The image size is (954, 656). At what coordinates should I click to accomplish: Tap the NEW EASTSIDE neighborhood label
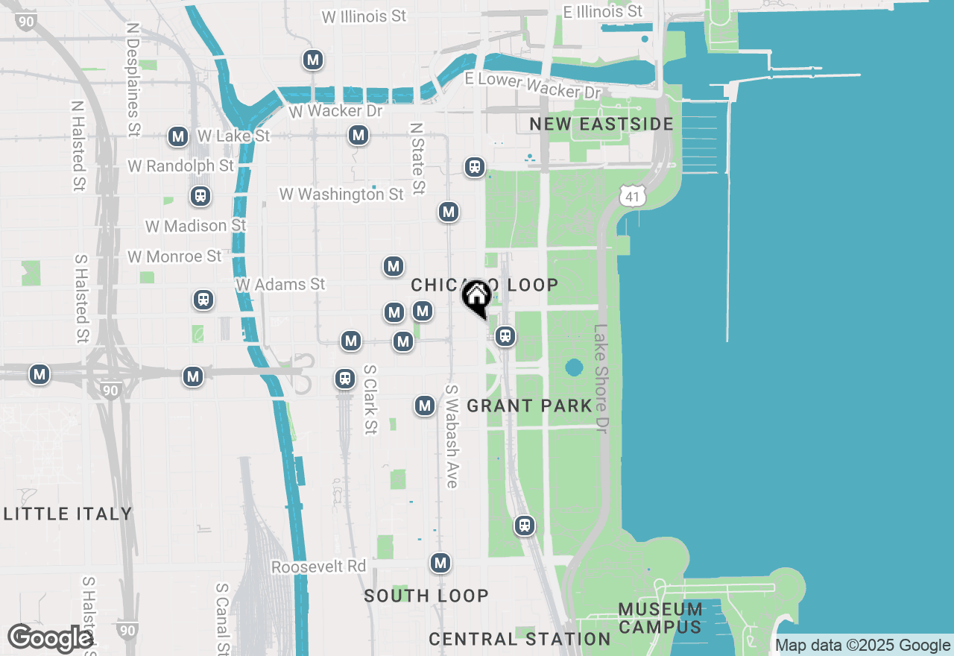601,124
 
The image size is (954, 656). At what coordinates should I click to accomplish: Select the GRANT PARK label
529,406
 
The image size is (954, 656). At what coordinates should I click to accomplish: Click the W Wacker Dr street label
335,111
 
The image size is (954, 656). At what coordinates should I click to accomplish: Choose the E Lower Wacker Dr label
532,85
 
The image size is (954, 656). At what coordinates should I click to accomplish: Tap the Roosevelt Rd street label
318,567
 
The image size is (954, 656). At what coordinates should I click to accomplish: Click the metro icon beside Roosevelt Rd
440,563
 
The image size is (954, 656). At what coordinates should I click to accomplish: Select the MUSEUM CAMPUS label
660,619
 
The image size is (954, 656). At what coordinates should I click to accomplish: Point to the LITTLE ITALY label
68,514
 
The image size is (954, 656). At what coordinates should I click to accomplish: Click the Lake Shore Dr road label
602,379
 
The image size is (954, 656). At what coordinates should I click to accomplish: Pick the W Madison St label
195,225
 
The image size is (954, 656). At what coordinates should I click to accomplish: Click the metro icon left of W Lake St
178,136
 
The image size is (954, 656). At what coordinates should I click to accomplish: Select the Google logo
50,639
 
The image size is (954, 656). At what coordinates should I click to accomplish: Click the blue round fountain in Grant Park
574,368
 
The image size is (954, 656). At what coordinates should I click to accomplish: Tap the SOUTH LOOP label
426,596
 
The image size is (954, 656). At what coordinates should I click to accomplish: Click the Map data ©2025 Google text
863,646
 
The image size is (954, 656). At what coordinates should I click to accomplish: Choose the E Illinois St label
602,12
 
